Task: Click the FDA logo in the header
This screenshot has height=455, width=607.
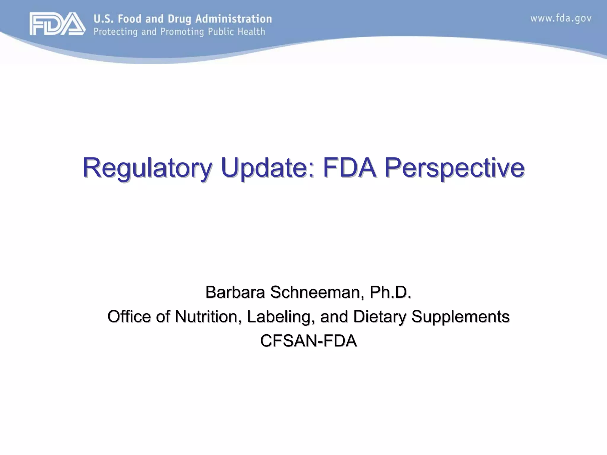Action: [x=57, y=24]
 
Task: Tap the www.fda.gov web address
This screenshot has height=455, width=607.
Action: [x=561, y=18]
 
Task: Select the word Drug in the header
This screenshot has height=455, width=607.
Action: [x=179, y=19]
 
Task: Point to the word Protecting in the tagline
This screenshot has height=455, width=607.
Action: [x=116, y=32]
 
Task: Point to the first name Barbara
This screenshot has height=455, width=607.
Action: [x=235, y=292]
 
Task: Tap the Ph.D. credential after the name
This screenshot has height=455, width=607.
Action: [x=391, y=292]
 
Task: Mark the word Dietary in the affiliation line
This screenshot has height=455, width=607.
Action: [x=379, y=316]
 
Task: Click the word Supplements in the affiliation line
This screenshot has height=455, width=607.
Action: [x=460, y=316]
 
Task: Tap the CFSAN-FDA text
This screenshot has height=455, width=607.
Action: [x=308, y=341]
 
